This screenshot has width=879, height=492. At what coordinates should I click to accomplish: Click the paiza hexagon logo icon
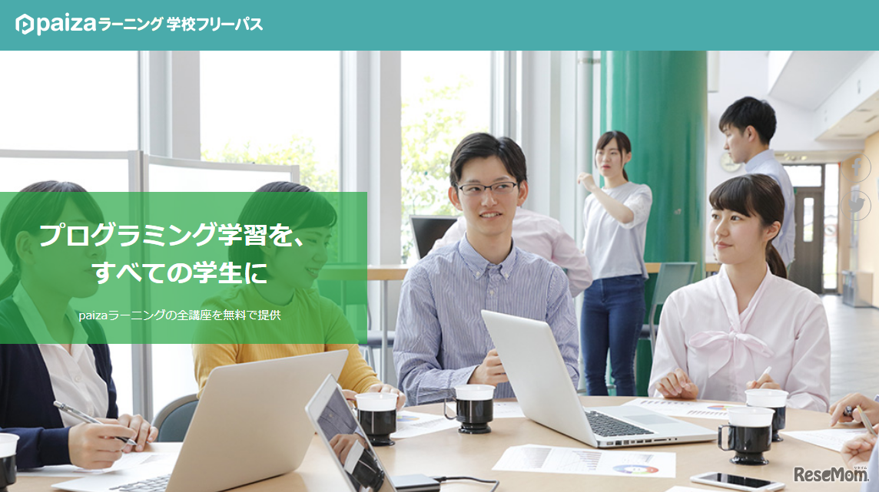click(x=25, y=25)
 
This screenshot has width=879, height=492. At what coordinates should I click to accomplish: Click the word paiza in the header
click(x=66, y=25)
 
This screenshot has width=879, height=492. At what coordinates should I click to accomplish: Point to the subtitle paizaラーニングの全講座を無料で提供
click(x=180, y=315)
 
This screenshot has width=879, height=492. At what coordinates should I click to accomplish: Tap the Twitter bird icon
click(x=856, y=206)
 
